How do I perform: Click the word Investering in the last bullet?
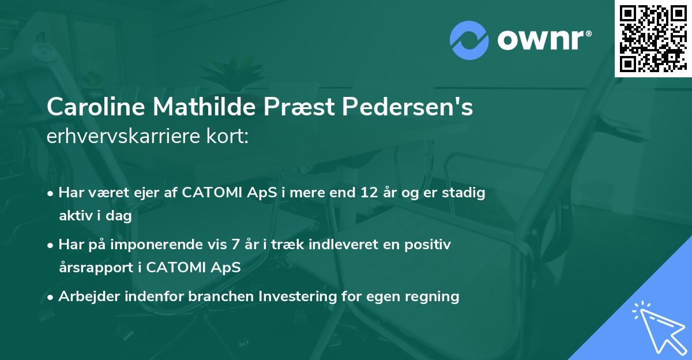pos(296,297)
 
